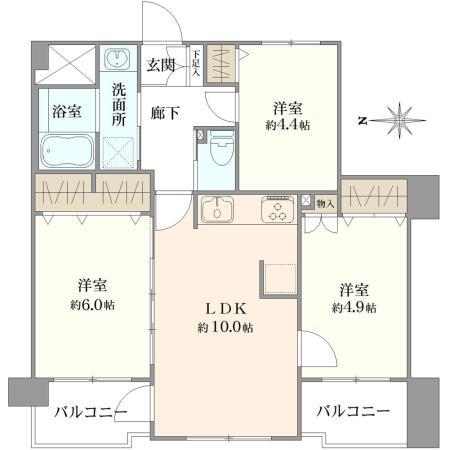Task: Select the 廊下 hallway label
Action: (x=166, y=113)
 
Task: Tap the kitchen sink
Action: (x=216, y=210)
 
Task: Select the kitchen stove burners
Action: (x=277, y=210)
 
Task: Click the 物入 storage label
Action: (x=325, y=203)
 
